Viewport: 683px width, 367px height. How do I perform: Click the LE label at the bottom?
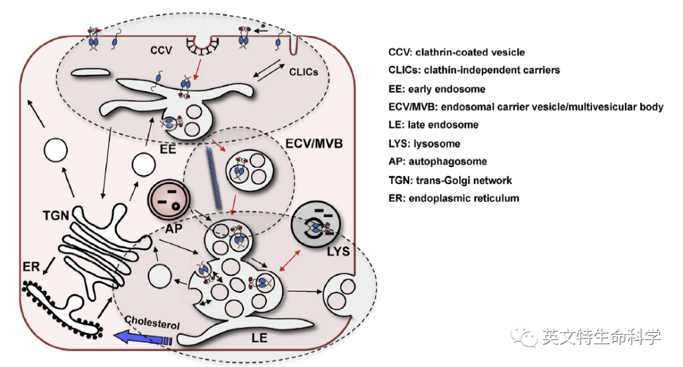pyautogui.click(x=259, y=338)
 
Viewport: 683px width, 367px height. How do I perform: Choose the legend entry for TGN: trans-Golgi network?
pyautogui.click(x=450, y=180)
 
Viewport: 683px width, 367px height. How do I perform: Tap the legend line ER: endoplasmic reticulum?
pyautogui.click(x=454, y=198)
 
